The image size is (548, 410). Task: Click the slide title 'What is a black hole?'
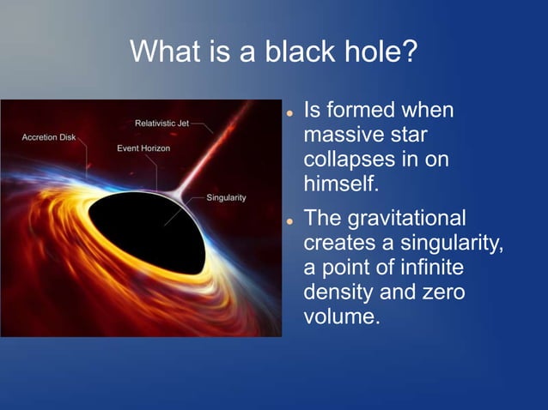(x=273, y=51)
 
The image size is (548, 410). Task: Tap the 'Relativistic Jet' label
(x=161, y=124)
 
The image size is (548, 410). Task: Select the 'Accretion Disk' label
(x=48, y=137)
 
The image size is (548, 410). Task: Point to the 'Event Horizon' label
(x=143, y=148)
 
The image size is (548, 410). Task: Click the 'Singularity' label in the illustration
(x=226, y=198)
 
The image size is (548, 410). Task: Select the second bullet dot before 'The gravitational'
(x=291, y=220)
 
